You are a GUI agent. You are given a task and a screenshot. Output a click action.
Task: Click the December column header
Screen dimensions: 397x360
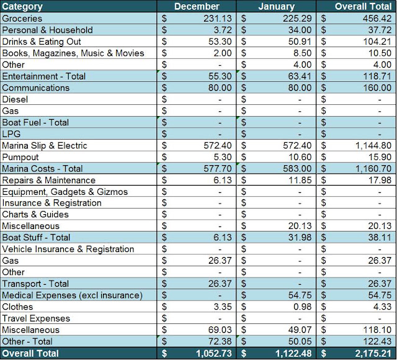[x=197, y=6]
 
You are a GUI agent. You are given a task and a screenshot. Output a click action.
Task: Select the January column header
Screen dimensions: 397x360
[x=277, y=6]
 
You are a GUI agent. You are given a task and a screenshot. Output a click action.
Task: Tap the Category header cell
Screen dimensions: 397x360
[x=22, y=7]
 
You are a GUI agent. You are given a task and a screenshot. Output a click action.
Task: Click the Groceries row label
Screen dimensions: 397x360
[x=22, y=19]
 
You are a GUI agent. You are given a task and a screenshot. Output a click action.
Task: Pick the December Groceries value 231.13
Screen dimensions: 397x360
[x=218, y=19]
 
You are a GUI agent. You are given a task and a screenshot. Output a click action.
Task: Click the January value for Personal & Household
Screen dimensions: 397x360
[x=300, y=30]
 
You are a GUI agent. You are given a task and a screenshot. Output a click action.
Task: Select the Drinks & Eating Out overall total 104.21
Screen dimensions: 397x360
[x=377, y=42]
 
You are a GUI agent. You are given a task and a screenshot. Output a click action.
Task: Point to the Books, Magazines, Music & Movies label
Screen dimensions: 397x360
[x=73, y=53]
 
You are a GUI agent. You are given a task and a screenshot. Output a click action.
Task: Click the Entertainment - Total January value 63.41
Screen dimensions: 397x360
[x=300, y=76]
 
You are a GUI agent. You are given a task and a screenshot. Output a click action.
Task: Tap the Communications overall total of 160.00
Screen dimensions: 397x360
[x=377, y=88]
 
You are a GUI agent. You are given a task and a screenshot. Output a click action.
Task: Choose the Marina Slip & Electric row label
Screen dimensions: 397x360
[x=45, y=145]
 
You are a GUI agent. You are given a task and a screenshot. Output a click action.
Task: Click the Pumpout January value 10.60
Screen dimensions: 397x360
[x=300, y=157]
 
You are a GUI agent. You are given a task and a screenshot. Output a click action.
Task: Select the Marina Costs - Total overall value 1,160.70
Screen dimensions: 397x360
[x=373, y=168]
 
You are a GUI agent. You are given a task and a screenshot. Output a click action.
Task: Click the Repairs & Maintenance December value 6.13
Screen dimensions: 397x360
[x=223, y=180]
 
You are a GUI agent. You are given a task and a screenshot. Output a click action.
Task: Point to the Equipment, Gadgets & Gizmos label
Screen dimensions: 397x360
[x=65, y=192]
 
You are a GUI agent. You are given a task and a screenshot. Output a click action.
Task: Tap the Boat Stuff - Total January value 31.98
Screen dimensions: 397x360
[x=300, y=237]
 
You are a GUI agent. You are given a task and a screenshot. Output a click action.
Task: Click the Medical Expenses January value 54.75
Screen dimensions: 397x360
[x=300, y=295]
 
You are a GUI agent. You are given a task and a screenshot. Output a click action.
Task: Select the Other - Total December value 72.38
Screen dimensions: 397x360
[x=220, y=341]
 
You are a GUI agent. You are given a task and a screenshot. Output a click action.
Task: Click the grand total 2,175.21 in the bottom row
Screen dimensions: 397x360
[x=373, y=353]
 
